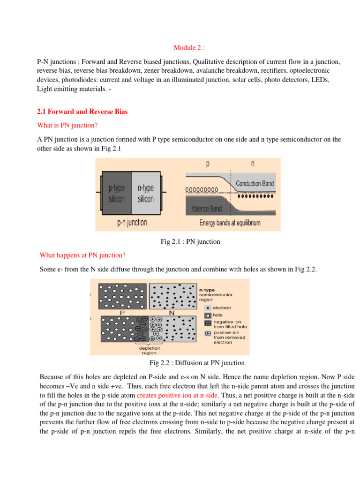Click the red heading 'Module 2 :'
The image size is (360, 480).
pyautogui.click(x=189, y=47)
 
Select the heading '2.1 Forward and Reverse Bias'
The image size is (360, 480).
pyautogui.click(x=82, y=112)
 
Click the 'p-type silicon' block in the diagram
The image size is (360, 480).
pyautogui.click(x=117, y=193)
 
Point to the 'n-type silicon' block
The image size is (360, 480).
pyautogui.click(x=146, y=193)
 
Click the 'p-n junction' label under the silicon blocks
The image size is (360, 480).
pyautogui.click(x=132, y=222)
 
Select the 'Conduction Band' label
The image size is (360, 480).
pyautogui.click(x=255, y=183)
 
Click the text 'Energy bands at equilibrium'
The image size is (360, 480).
pyautogui.click(x=230, y=223)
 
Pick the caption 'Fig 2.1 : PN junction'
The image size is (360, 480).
pyautogui.click(x=190, y=242)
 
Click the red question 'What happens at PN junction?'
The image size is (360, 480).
pyautogui.click(x=82, y=255)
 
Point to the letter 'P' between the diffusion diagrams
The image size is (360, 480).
pyautogui.click(x=122, y=312)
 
